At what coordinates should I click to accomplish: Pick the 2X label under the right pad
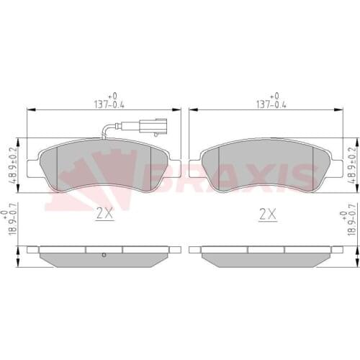(268, 213)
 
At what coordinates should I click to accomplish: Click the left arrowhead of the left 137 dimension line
(30, 109)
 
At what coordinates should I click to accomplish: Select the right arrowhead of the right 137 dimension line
(341, 109)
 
